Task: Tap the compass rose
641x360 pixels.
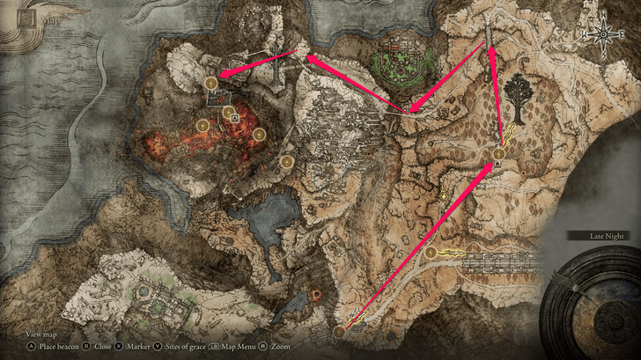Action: [x=604, y=33]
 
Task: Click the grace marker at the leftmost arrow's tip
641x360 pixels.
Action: [x=211, y=83]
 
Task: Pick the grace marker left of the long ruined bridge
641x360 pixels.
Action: [x=431, y=253]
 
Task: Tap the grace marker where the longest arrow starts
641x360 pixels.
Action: [x=340, y=332]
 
